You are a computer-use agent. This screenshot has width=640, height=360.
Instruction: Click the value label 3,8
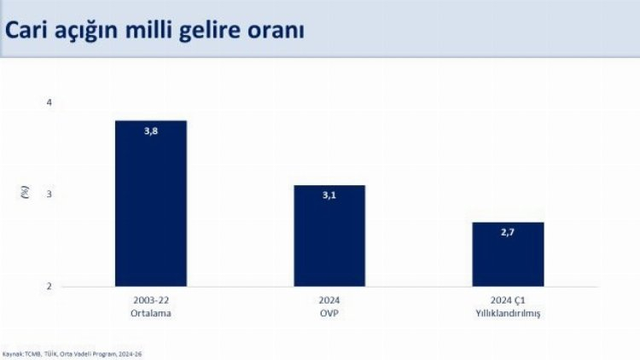[151, 131]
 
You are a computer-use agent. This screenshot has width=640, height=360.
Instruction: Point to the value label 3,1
[329, 196]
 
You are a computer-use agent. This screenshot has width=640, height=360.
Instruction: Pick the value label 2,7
[508, 233]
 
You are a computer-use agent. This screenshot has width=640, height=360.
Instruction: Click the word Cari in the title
[28, 29]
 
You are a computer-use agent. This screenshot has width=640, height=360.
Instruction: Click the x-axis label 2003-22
[151, 301]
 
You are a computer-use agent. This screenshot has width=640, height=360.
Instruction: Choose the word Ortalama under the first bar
[151, 313]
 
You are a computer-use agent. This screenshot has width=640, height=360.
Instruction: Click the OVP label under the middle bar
[329, 313]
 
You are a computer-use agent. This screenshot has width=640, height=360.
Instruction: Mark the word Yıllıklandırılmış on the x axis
[508, 313]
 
